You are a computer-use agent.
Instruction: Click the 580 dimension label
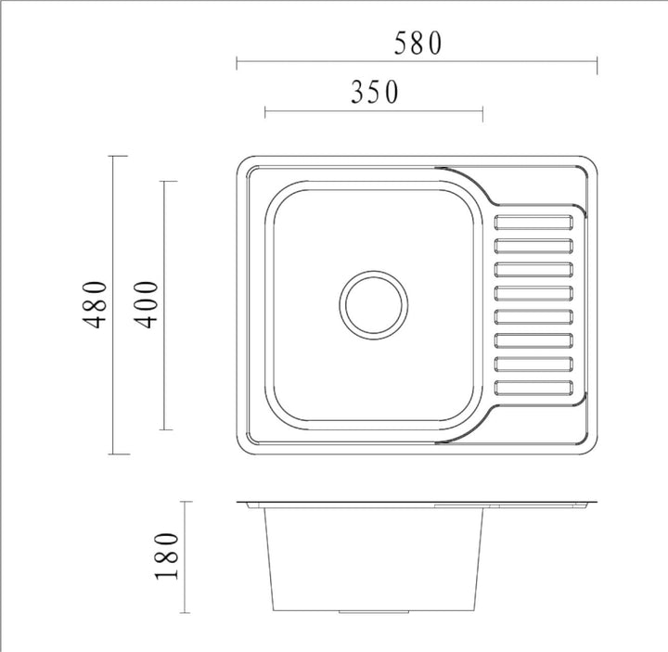pyautogui.click(x=417, y=44)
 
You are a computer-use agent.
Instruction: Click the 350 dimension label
pyautogui.click(x=375, y=92)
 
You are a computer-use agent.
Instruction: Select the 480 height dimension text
pyautogui.click(x=95, y=304)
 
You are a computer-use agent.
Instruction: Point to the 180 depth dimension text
pyautogui.click(x=167, y=556)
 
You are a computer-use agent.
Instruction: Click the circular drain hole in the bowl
pyautogui.click(x=373, y=304)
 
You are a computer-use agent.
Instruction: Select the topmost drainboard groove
pyautogui.click(x=535, y=223)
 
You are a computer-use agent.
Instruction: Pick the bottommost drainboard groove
pyautogui.click(x=535, y=388)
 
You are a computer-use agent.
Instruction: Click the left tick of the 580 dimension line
pyautogui.click(x=238, y=64)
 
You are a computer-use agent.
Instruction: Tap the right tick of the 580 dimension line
pyautogui.click(x=597, y=64)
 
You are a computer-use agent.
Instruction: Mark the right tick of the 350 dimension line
pyautogui.click(x=482, y=112)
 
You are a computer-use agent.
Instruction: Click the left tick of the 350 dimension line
pyautogui.click(x=266, y=112)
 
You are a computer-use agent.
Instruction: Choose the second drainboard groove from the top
pyautogui.click(x=535, y=246)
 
